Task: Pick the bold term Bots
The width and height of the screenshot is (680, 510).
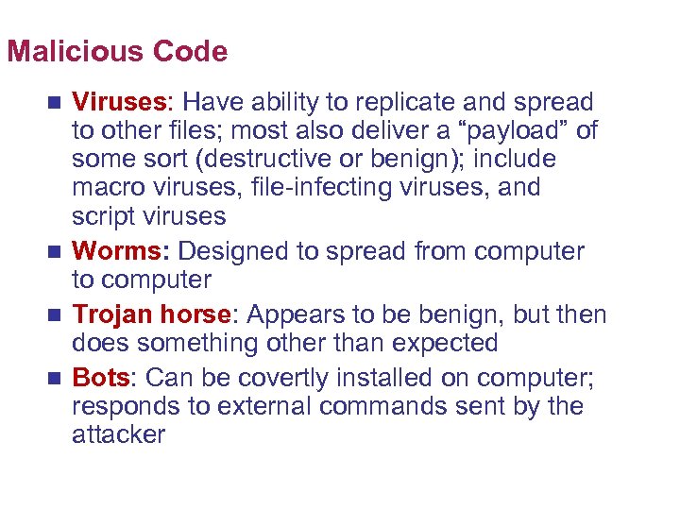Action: [100, 378]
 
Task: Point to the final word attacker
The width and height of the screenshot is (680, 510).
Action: [118, 434]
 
